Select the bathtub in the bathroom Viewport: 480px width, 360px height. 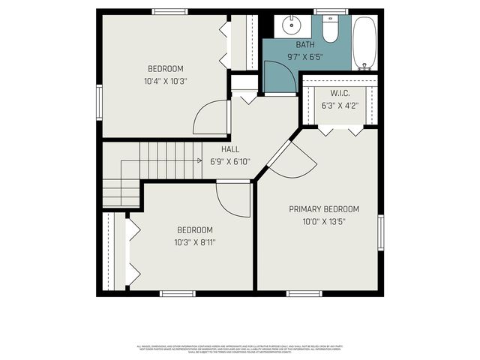pyautogui.click(x=364, y=40)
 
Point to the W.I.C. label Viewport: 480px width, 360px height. pyautogui.click(x=340, y=93)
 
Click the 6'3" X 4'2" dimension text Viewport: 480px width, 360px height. pyautogui.click(x=340, y=105)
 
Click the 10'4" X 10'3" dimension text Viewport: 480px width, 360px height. pyautogui.click(x=165, y=81)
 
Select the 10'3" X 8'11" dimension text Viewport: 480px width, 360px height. pyautogui.click(x=195, y=242)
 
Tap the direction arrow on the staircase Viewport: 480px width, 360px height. pyautogui.click(x=199, y=160)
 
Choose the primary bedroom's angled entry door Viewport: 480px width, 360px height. pyautogui.click(x=289, y=161)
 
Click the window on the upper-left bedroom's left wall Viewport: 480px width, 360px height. pyautogui.click(x=98, y=101)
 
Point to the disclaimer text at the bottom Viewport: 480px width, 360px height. pyautogui.click(x=240, y=348)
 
